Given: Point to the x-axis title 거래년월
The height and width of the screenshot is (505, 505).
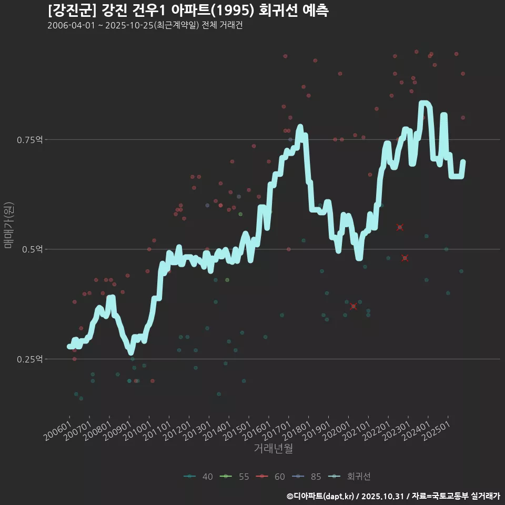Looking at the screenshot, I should (273, 449).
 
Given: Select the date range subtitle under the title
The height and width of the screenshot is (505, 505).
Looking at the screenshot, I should (145, 26).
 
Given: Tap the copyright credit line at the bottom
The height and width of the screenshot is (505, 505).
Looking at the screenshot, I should (393, 496).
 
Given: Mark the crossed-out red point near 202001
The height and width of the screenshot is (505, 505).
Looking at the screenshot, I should (353, 307).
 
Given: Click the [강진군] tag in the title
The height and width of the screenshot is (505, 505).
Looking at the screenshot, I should (66, 11).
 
